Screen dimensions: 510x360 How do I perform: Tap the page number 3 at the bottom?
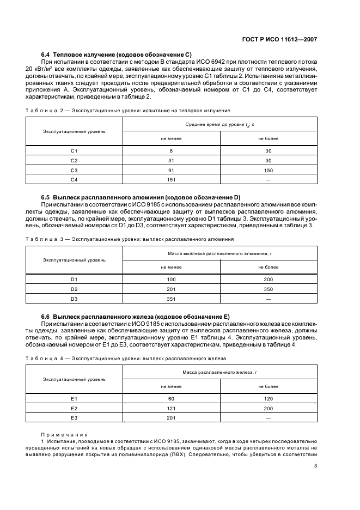click(316, 466)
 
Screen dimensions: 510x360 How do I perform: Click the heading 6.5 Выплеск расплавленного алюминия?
click(141, 197)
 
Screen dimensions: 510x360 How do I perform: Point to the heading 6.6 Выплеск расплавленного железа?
click(136, 317)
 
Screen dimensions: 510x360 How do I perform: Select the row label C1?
click(75, 150)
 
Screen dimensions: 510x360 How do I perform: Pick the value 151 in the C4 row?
click(171, 179)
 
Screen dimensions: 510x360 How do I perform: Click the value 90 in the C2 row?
click(268, 160)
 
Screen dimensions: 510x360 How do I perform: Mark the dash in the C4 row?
click(268, 179)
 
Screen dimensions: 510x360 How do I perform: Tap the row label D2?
click(75, 289)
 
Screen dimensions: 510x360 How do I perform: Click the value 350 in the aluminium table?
click(268, 289)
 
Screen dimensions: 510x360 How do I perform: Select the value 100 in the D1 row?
click(171, 279)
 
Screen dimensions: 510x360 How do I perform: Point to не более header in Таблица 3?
click(268, 267)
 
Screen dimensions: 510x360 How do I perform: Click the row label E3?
click(75, 418)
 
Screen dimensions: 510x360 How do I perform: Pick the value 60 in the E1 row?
click(171, 399)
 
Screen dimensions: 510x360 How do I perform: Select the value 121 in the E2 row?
click(171, 408)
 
